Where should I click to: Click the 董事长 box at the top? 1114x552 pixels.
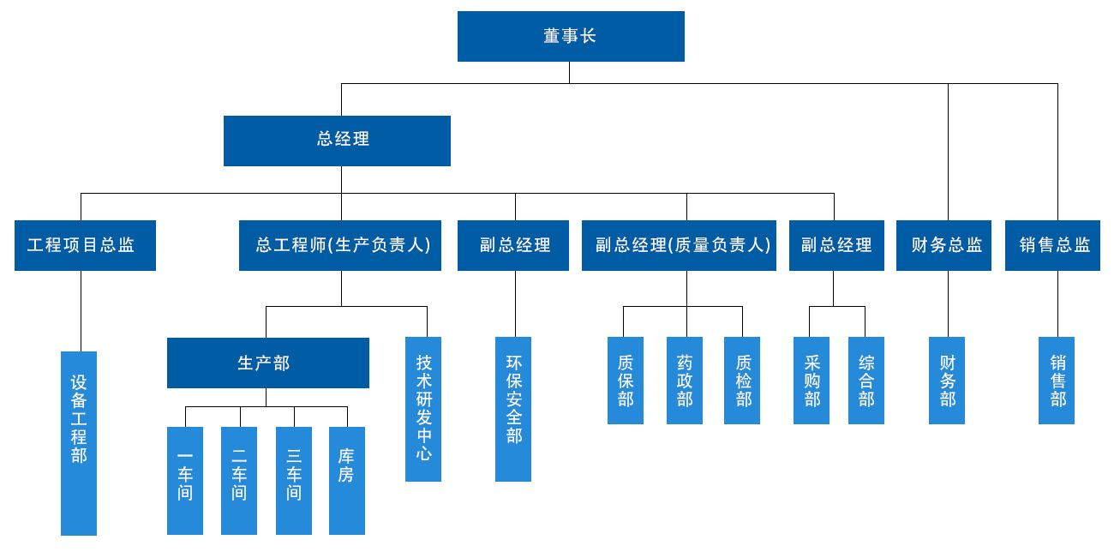(571, 36)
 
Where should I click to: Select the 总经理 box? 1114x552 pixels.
(337, 141)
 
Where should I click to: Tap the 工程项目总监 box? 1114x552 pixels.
(85, 245)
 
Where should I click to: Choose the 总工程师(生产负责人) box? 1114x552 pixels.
(340, 245)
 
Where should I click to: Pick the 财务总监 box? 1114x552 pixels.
(943, 245)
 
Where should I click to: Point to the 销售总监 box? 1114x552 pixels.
(1052, 245)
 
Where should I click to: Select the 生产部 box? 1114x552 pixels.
(267, 363)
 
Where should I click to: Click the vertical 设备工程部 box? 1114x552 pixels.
(79, 442)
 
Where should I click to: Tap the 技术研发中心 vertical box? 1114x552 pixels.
(423, 408)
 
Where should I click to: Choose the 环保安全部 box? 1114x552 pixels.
(513, 408)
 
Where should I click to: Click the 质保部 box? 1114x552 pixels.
(626, 380)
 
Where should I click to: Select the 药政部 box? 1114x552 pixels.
(685, 380)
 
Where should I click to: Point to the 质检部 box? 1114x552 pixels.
(742, 380)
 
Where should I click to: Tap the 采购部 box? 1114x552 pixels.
(812, 380)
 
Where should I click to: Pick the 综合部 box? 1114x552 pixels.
(866, 380)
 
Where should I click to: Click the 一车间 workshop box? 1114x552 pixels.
(185, 480)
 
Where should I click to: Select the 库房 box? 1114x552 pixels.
(347, 480)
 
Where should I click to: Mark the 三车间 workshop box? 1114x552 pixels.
(294, 480)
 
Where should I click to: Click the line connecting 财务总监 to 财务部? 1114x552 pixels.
(948, 303)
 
